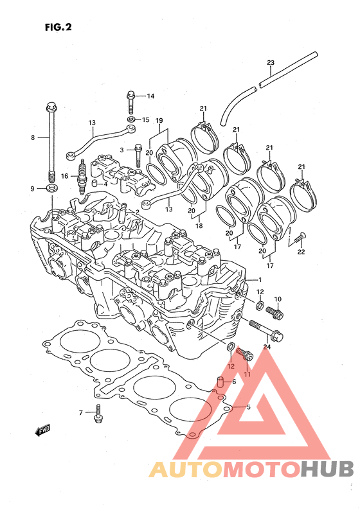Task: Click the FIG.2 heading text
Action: [59, 27]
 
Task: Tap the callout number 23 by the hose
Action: [271, 62]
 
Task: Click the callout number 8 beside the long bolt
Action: [33, 137]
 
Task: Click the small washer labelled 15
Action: [131, 119]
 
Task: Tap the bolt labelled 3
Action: [138, 155]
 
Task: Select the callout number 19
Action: [159, 121]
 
